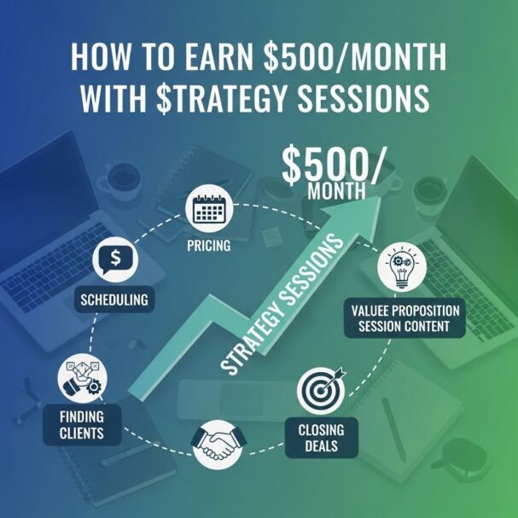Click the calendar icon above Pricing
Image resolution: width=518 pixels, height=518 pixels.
click(209, 209)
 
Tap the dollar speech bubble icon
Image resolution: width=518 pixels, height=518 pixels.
click(115, 259)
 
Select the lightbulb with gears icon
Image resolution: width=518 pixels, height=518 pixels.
click(402, 267)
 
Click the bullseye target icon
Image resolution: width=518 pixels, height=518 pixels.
click(321, 391)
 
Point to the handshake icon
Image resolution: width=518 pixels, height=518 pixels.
click(218, 445)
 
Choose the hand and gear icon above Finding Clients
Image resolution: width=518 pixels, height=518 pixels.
click(82, 378)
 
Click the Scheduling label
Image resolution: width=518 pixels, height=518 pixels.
click(114, 300)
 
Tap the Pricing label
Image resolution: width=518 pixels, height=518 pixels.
click(209, 246)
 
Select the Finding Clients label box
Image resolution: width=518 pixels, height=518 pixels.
click(82, 425)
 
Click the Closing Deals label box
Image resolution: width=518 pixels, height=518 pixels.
click(322, 438)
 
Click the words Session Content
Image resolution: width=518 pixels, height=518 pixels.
click(404, 326)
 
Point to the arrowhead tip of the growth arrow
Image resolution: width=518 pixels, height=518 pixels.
click(380, 195)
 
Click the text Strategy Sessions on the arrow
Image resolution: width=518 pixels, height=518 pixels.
click(282, 305)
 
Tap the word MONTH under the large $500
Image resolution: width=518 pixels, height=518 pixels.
click(336, 190)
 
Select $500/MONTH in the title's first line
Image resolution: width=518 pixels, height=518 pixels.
click(355, 57)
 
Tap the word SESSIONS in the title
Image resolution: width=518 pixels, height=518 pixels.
click(364, 98)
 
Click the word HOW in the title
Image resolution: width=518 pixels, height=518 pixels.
click(101, 57)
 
